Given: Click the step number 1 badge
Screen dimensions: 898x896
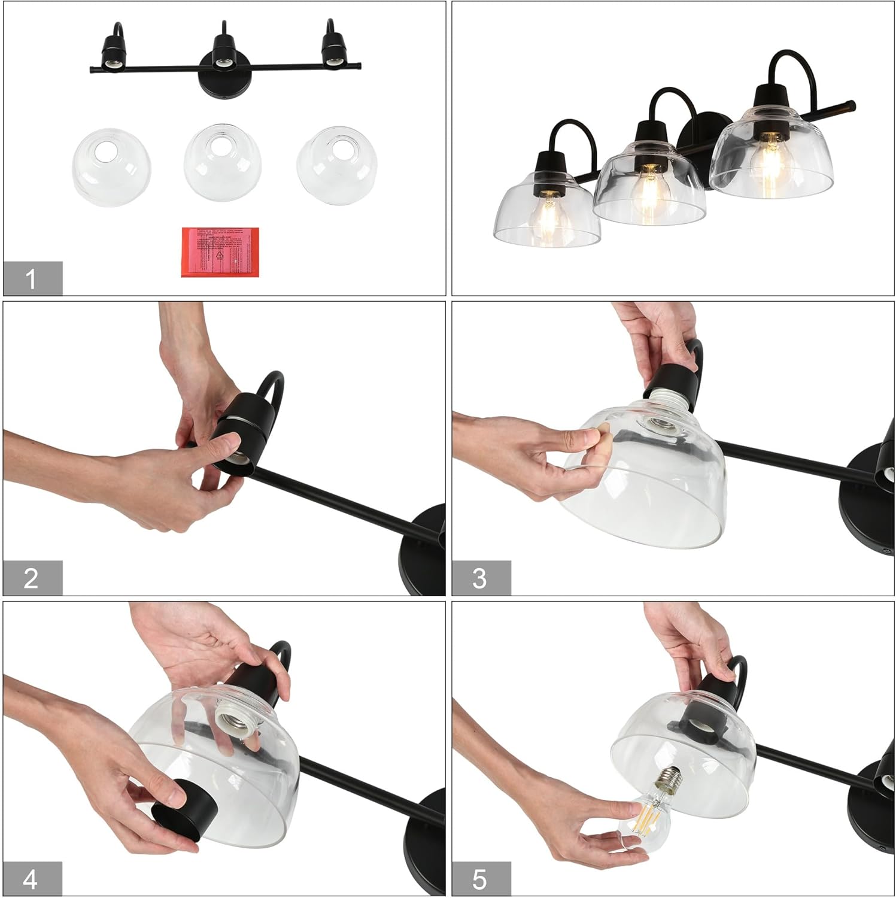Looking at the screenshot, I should click(x=32, y=278).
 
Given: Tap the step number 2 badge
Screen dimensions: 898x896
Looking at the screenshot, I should click(x=32, y=578).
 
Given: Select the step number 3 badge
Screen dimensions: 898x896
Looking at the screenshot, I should click(x=481, y=578).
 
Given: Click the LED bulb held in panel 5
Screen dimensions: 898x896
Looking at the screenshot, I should click(x=649, y=809).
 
